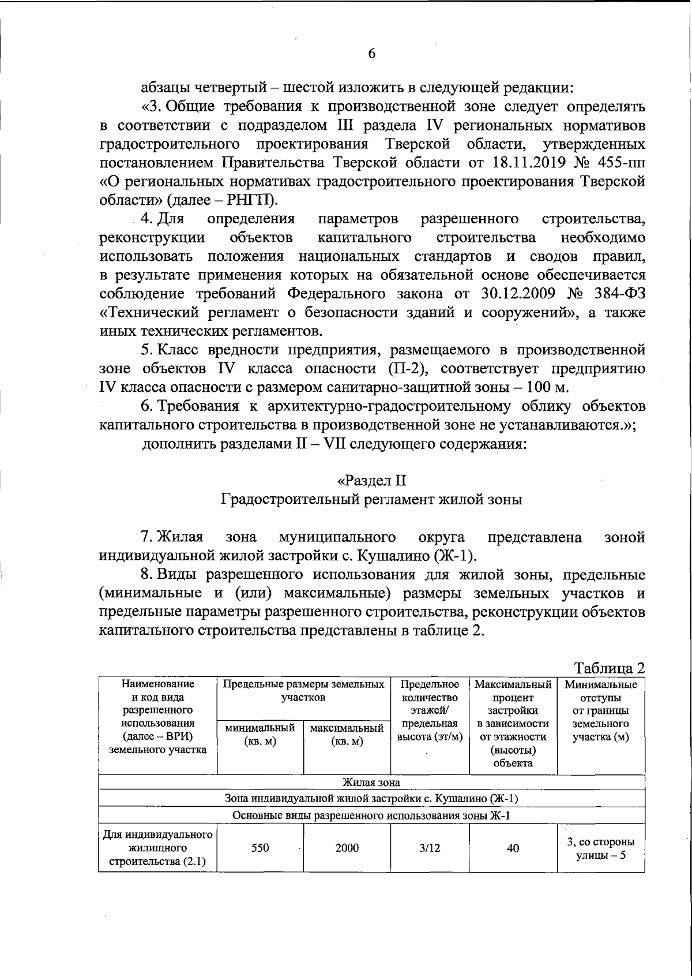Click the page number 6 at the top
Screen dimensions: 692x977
click(x=371, y=54)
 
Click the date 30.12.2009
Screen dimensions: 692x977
click(x=517, y=294)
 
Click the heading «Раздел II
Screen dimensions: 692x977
click(x=372, y=481)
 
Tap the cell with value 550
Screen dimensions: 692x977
click(x=260, y=848)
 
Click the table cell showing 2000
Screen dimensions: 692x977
click(x=347, y=848)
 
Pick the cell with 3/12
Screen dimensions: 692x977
click(x=430, y=848)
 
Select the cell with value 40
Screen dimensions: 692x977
click(x=513, y=848)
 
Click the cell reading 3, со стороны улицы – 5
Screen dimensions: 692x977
click(x=601, y=848)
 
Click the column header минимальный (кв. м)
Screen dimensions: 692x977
click(x=260, y=735)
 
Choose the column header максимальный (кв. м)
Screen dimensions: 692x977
click(x=347, y=735)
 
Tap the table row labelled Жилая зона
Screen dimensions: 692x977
click(x=371, y=783)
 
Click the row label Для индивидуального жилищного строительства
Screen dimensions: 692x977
click(x=157, y=848)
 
